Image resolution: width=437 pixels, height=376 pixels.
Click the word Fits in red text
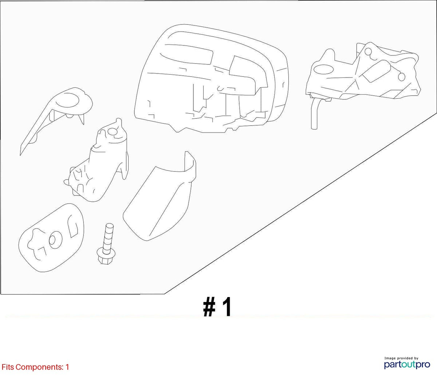[x=8, y=367]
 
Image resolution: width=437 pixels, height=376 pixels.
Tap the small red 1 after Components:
[x=67, y=367]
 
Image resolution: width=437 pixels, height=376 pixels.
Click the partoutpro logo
[x=407, y=365]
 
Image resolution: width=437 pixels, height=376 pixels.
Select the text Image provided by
[x=401, y=358]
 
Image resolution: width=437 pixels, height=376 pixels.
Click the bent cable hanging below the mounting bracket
[x=314, y=114]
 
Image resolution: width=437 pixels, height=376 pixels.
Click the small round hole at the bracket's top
[x=368, y=52]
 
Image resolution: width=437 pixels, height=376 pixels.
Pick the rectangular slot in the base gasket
[x=73, y=226]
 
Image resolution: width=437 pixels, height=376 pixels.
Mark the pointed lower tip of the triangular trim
[x=20, y=155]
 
